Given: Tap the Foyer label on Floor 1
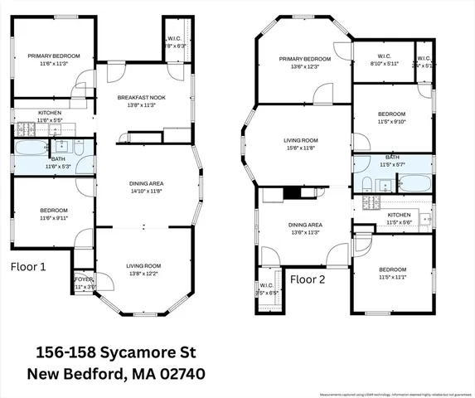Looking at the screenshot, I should [85, 279].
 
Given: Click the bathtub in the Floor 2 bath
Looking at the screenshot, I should [411, 182].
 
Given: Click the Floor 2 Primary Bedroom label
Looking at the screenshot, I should [304, 59].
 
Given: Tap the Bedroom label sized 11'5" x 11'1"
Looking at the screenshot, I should [392, 270].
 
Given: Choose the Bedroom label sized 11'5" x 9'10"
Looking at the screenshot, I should [392, 114].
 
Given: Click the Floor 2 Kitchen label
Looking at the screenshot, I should [400, 215].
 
